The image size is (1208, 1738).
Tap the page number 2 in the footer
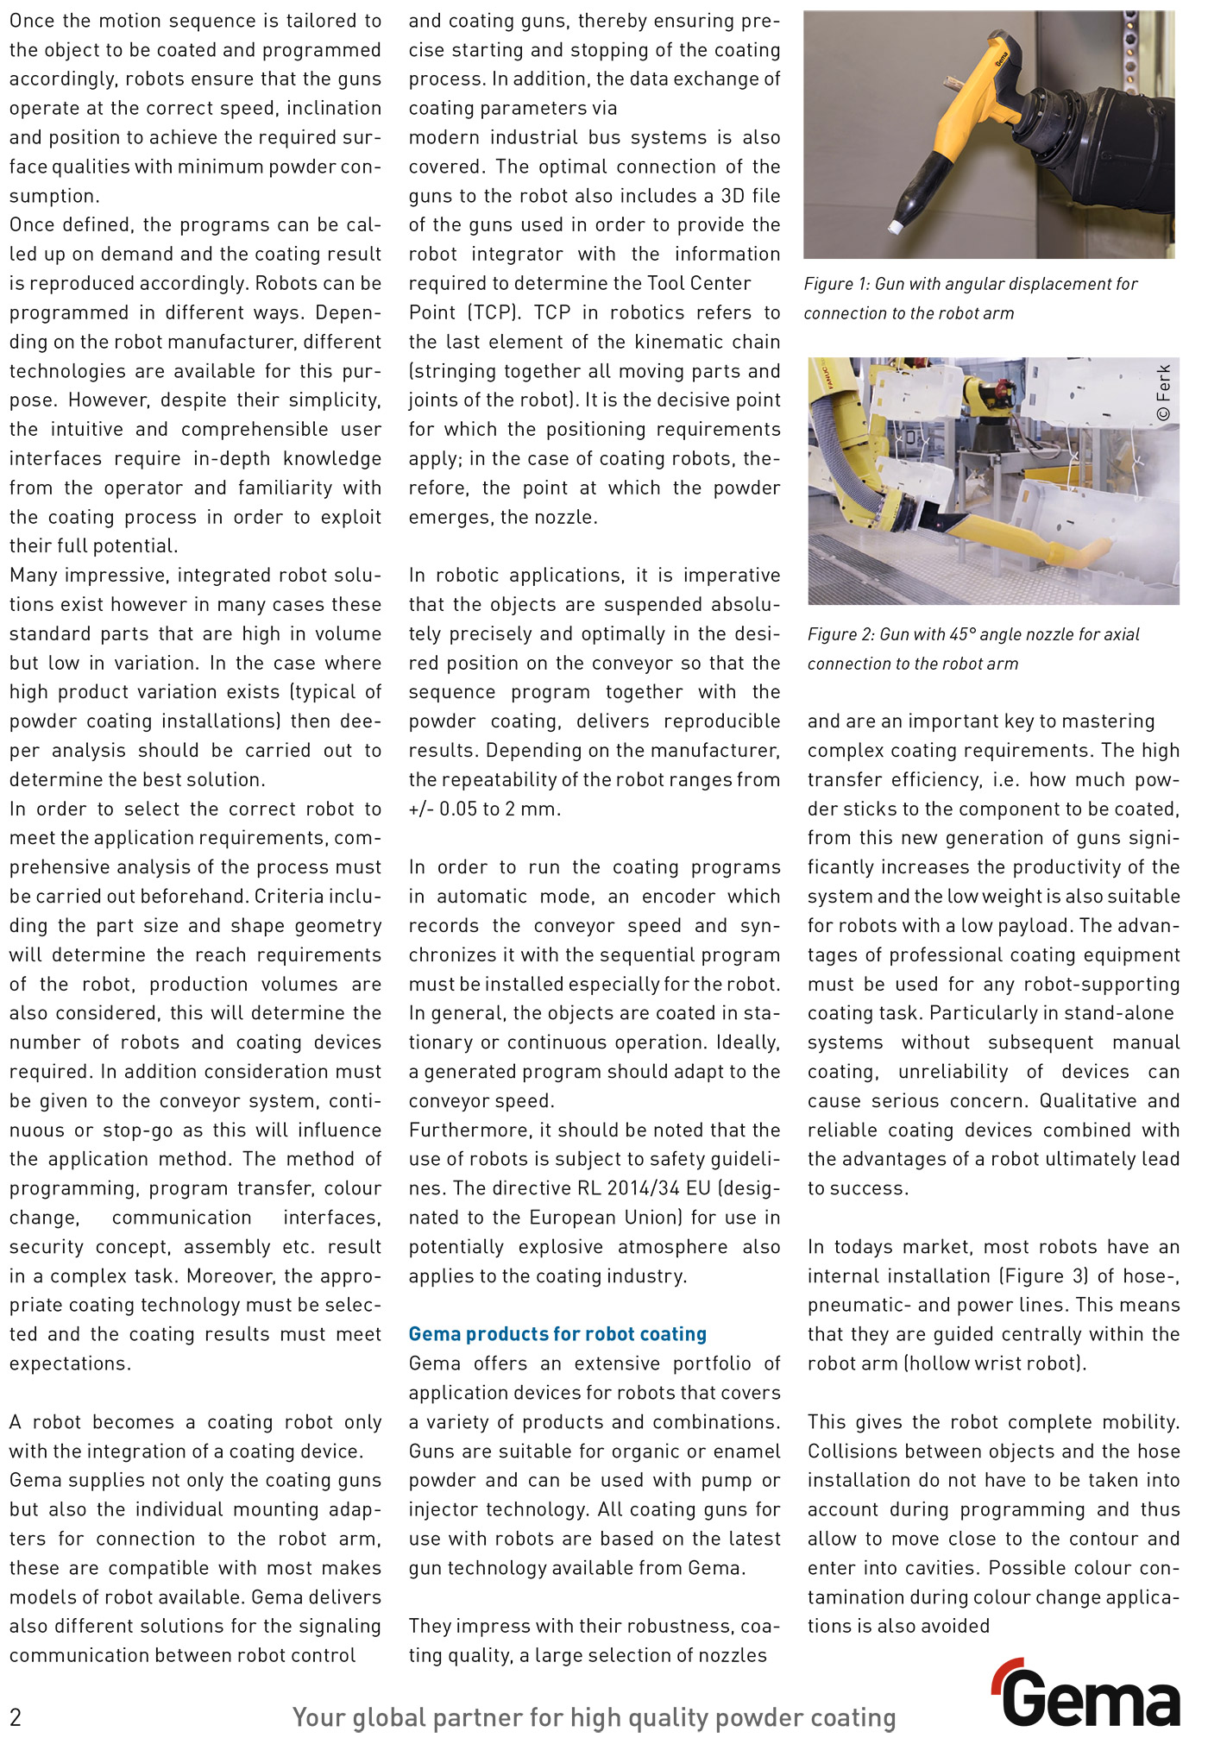tap(16, 1716)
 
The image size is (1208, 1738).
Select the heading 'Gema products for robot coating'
tap(557, 1334)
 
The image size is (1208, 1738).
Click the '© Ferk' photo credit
tap(1164, 393)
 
